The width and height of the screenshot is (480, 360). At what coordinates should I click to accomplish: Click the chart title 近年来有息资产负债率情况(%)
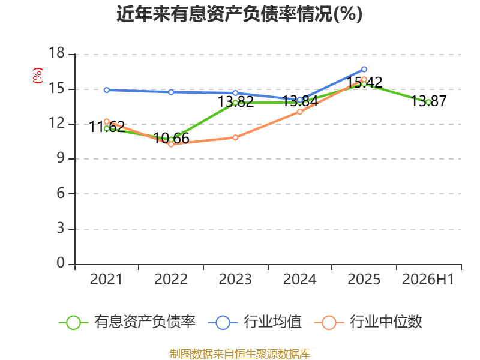point(239,14)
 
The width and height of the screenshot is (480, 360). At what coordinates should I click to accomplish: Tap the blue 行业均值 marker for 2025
point(364,69)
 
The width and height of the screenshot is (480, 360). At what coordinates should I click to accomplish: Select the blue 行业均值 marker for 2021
point(107,90)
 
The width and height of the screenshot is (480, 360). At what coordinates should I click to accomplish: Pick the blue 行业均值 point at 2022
point(171,92)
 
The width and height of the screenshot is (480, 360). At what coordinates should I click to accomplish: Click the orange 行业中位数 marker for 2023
point(235,138)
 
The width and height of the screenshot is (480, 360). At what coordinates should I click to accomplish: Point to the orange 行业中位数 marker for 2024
point(299,112)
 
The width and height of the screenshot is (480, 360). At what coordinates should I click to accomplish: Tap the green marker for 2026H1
point(428,102)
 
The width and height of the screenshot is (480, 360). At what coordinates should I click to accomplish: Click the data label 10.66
point(171,139)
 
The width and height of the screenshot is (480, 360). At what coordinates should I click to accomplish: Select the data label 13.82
point(235,101)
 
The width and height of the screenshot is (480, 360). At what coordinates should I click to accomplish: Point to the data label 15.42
point(364,82)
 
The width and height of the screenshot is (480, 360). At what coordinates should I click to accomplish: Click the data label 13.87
point(428,101)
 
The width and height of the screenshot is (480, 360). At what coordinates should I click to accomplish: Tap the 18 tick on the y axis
point(57,53)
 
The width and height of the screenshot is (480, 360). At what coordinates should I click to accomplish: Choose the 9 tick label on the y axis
point(61,158)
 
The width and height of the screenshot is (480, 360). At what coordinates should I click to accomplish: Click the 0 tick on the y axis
point(61,263)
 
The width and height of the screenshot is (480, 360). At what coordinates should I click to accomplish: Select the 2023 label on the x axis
point(235,280)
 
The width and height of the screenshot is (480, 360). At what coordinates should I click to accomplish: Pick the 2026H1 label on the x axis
point(428,280)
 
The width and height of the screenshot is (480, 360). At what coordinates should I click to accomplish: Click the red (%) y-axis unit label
point(38,76)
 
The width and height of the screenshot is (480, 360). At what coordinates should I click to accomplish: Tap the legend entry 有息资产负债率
point(127,322)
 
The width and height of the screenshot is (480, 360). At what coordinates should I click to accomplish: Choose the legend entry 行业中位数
point(368,322)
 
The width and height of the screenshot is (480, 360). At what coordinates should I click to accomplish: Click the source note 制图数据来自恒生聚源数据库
point(240,354)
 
